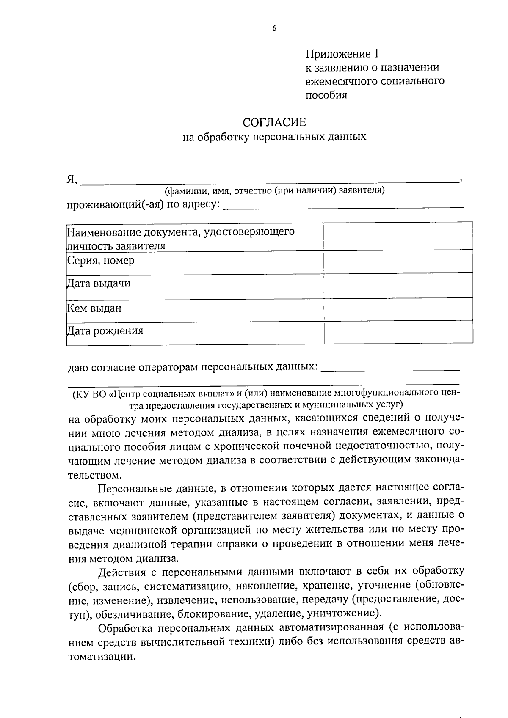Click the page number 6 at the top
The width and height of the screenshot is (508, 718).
pos(274,28)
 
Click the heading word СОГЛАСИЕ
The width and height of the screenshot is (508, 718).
pos(274,122)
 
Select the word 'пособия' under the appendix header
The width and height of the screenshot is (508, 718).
pos(326,95)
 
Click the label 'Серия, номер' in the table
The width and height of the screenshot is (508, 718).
pos(101,260)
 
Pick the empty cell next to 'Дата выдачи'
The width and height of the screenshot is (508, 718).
pos(398,285)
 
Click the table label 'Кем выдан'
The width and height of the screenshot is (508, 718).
pos(94,308)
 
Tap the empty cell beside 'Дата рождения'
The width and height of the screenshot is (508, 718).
pos(398,331)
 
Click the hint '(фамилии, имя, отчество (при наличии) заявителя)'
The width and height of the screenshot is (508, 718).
pos(274,190)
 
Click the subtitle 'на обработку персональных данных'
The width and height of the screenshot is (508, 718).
pos(274,137)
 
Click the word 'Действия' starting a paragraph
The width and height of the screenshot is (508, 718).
pos(122,572)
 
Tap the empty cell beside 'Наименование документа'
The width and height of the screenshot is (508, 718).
pos(398,236)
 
